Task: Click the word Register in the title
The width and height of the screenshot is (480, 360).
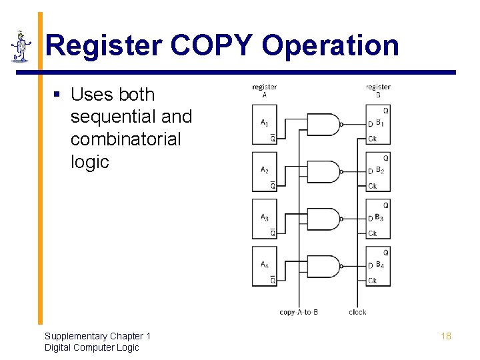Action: tap(104, 46)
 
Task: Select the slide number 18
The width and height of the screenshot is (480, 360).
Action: tap(446, 336)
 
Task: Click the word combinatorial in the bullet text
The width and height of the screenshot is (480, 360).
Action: tap(125, 139)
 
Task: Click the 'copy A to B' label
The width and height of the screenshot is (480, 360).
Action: tap(299, 312)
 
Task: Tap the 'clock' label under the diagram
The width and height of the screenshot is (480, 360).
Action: tap(357, 312)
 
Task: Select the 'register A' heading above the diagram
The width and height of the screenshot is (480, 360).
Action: tap(265, 91)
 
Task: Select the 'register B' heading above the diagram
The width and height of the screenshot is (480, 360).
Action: tap(378, 91)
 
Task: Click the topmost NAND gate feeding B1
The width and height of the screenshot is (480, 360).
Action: tap(324, 124)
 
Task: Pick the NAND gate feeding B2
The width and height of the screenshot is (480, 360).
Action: tap(324, 171)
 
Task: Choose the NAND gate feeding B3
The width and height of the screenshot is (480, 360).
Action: tap(324, 219)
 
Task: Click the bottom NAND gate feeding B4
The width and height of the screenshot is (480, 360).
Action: tap(324, 266)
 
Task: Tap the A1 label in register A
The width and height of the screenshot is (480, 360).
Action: tap(265, 123)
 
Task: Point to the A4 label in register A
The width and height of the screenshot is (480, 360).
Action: tap(265, 265)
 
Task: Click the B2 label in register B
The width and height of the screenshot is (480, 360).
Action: tap(379, 171)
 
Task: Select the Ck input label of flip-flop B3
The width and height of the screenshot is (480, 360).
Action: tap(373, 233)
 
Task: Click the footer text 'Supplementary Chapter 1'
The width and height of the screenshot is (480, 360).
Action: tap(97, 336)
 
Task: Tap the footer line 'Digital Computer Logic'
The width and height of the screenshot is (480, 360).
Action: tap(91, 347)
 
